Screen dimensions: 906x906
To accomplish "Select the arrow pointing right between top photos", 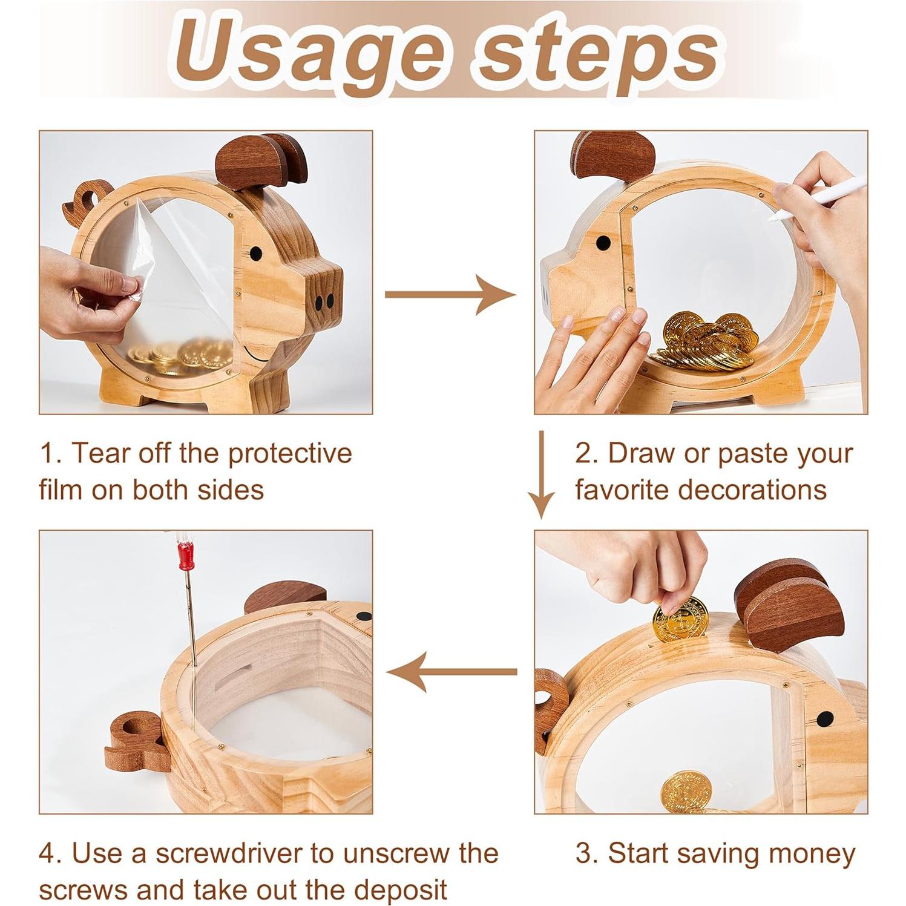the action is tap(450, 295).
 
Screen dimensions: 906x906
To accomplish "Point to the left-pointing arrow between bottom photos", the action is tap(451, 671).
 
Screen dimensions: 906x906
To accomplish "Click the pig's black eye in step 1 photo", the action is tap(256, 252).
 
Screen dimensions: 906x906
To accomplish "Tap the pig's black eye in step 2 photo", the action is tap(603, 243).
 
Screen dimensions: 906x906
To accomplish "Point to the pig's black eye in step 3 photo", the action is tap(825, 719).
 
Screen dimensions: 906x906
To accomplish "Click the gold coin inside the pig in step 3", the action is tap(686, 791).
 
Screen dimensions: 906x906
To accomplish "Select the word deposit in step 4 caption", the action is tap(401, 891).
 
